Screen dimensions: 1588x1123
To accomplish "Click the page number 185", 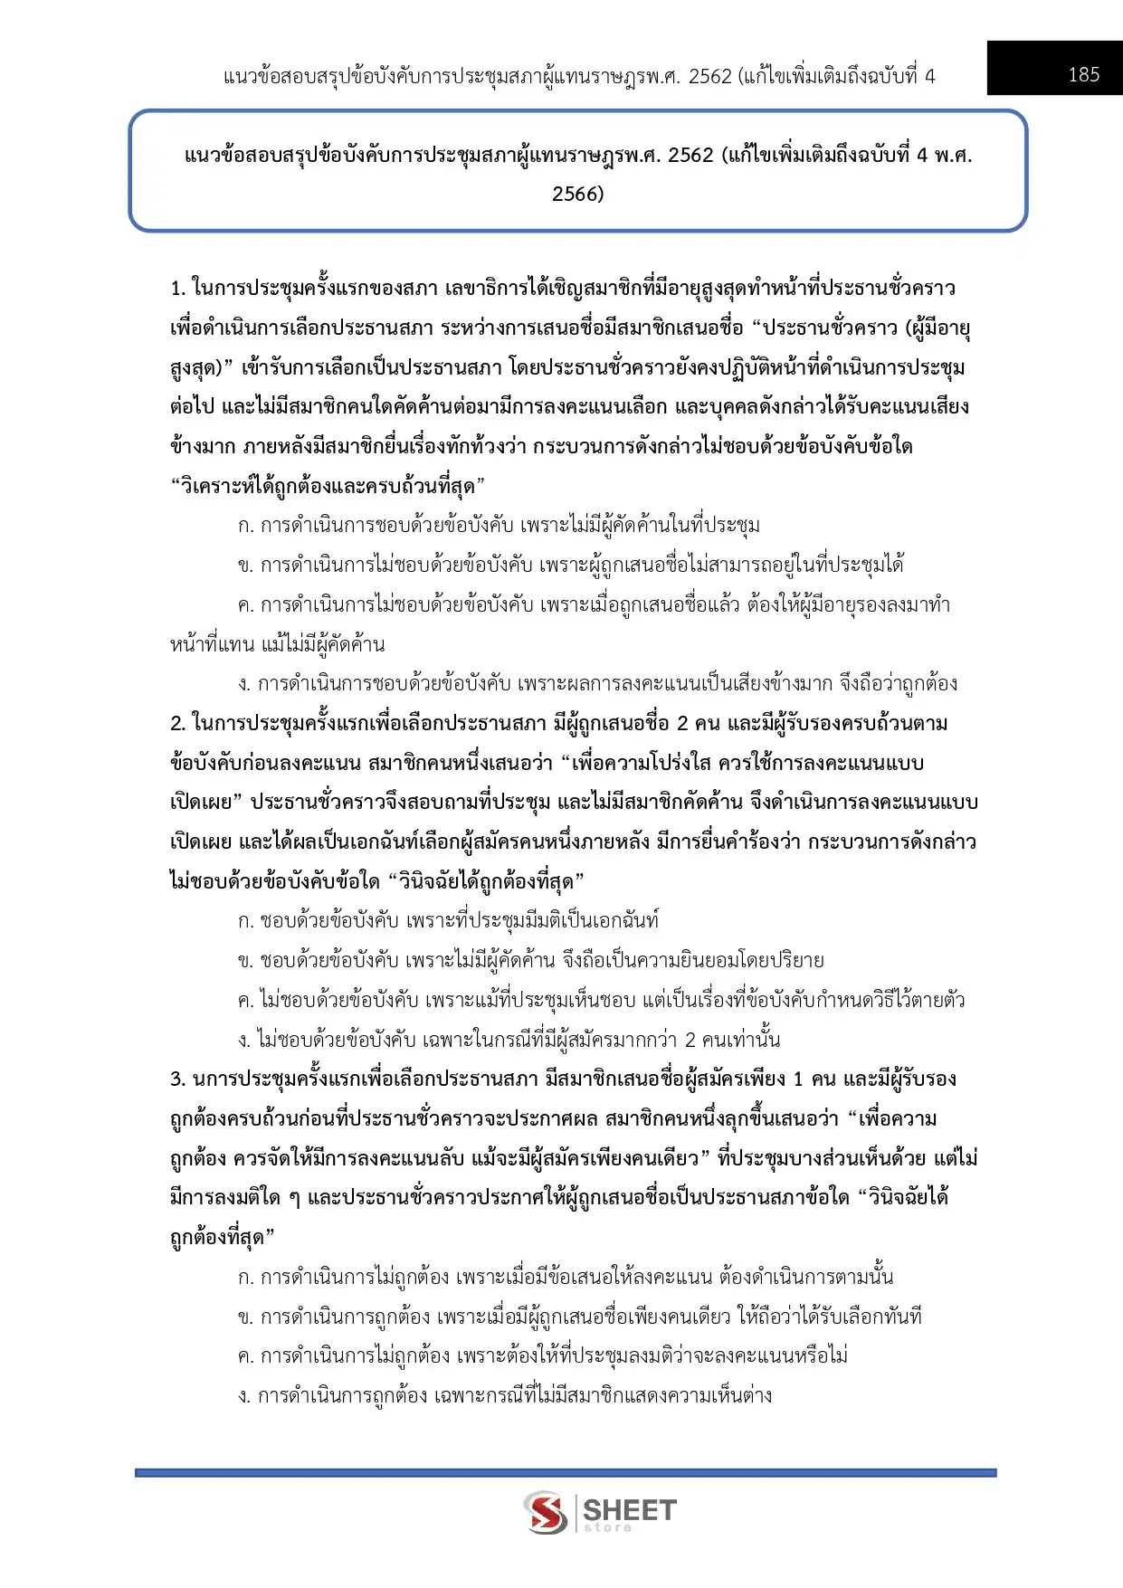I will tap(1083, 74).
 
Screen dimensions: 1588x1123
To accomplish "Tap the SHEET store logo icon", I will tap(546, 1512).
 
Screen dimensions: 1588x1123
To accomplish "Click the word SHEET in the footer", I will tap(630, 1509).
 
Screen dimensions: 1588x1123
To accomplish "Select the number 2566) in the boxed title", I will tap(578, 194).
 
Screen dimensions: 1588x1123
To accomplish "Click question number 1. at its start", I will tap(178, 289).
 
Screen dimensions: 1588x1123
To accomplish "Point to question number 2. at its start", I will tap(178, 724).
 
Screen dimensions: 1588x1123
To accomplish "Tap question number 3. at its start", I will tap(178, 1079).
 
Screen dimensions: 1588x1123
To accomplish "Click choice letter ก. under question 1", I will tap(245, 526).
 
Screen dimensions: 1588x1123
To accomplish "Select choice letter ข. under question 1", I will tap(245, 566).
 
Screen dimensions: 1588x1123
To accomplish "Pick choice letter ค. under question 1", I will tap(245, 605).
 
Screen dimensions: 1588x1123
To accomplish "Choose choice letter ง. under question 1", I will tap(244, 684).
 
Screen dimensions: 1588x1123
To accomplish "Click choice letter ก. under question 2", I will tap(245, 921).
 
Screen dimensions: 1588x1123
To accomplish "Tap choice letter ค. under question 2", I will tap(245, 1001).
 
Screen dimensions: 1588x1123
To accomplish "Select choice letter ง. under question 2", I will tap(244, 1041).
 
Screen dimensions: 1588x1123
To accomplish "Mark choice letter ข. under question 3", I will tap(245, 1317).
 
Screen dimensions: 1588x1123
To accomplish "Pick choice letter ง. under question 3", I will tap(244, 1396).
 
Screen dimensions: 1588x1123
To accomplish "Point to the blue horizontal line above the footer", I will tap(566, 1473).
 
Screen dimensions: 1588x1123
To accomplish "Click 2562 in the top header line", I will tap(709, 76).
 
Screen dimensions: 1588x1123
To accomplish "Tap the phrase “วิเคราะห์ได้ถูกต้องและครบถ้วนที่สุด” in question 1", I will tap(328, 487).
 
